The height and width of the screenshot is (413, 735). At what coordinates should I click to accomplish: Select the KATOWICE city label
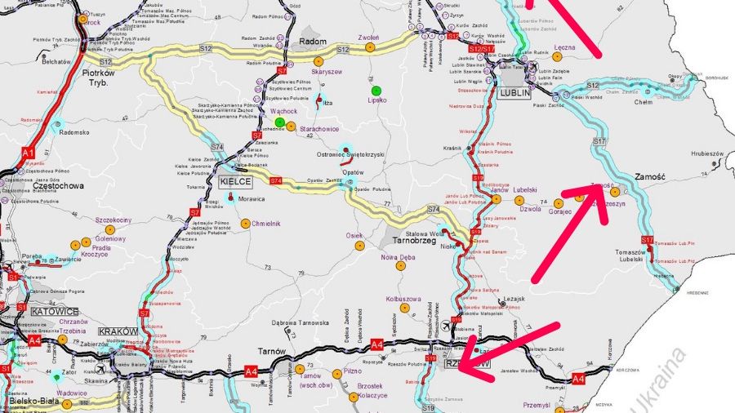pyautogui.click(x=54, y=311)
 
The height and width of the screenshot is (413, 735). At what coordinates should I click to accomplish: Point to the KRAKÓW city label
pyautogui.click(x=114, y=331)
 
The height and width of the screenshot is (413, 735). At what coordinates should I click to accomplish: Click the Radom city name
pyautogui.click(x=314, y=42)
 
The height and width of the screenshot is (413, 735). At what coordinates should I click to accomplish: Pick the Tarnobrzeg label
pyautogui.click(x=412, y=242)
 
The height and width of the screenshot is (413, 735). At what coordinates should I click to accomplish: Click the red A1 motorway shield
pyautogui.click(x=29, y=153)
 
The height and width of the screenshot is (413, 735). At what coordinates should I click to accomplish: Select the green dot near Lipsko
pyautogui.click(x=376, y=90)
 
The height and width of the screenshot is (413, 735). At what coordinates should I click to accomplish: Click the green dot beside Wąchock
pyautogui.click(x=279, y=122)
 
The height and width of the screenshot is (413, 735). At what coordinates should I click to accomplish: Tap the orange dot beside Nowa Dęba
pyautogui.click(x=400, y=265)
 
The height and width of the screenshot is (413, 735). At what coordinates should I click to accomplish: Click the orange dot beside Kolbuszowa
pyautogui.click(x=404, y=309)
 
